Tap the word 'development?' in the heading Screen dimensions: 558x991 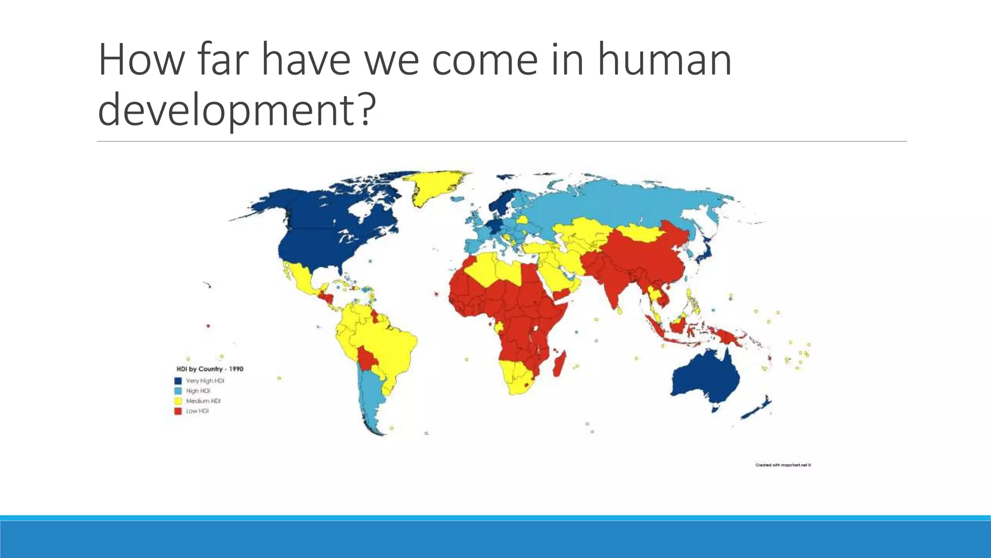click(x=237, y=110)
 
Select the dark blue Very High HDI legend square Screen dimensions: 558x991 click(x=178, y=381)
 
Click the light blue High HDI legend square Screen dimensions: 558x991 click(x=178, y=391)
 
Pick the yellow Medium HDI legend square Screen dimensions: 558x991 click(x=178, y=401)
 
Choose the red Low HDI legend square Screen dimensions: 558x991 click(x=178, y=411)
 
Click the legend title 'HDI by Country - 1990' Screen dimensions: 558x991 click(x=210, y=369)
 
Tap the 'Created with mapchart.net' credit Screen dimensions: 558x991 click(x=783, y=465)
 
